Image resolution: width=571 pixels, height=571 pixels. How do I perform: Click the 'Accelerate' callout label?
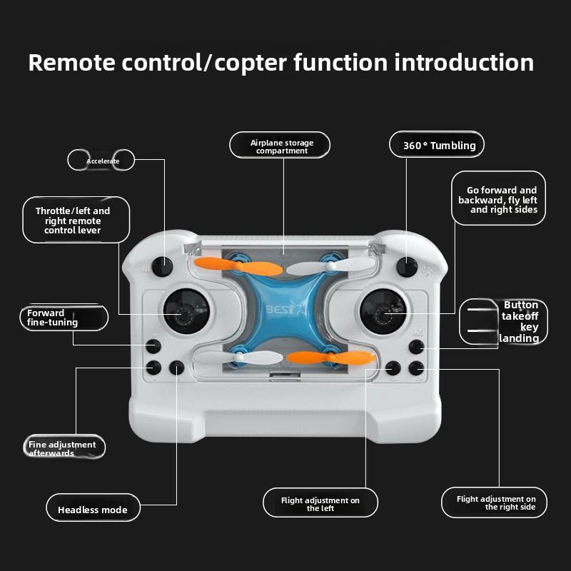click(102, 161)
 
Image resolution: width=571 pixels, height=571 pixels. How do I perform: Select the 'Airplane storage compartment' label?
click(281, 146)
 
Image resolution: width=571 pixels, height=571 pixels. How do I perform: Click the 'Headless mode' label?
click(93, 510)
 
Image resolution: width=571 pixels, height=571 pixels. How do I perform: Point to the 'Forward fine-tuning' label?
click(62, 318)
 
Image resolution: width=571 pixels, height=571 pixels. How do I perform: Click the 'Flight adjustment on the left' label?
click(320, 504)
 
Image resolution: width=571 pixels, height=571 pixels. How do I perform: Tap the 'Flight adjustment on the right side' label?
click(496, 503)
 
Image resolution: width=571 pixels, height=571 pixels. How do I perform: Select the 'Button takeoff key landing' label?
click(504, 321)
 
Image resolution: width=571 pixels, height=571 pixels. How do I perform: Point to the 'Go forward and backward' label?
click(498, 200)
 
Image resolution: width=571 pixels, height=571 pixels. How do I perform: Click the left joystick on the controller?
click(186, 311)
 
